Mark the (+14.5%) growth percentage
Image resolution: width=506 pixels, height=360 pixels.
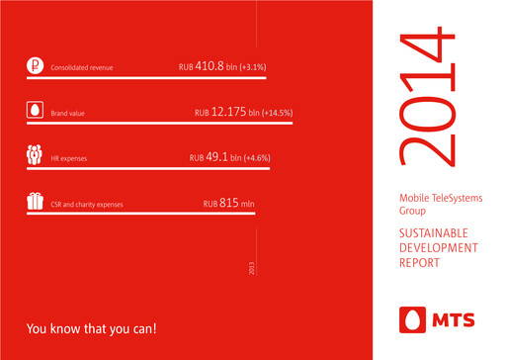click(285, 114)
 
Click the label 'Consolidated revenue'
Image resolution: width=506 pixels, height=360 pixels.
click(81, 69)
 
